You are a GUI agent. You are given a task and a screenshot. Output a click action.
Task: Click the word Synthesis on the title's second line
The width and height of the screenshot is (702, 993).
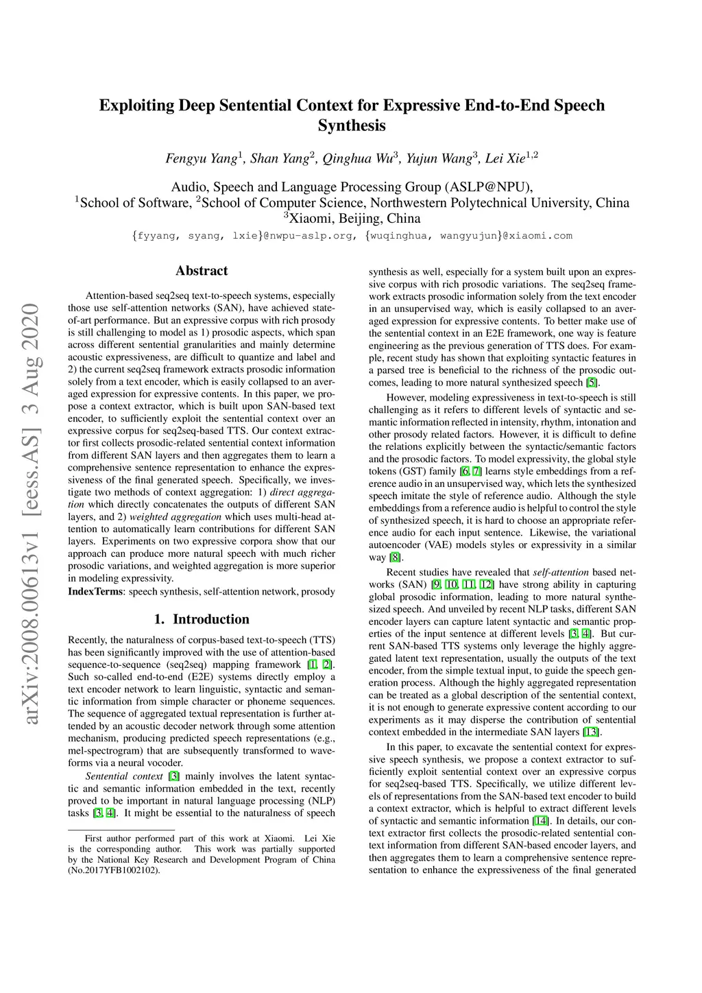[x=352, y=125]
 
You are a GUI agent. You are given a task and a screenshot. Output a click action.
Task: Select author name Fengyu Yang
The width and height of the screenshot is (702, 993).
[x=202, y=158]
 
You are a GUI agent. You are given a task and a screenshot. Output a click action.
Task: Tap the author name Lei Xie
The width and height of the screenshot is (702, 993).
[x=506, y=158]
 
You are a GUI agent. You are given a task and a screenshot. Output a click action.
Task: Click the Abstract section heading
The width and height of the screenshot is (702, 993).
[x=202, y=271]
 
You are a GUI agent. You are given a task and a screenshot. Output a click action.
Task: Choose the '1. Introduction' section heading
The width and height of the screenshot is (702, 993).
[x=202, y=619]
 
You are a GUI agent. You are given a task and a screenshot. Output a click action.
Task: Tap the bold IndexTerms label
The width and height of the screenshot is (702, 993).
[x=96, y=592]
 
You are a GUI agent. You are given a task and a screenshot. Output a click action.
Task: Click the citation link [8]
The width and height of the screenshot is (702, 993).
[x=395, y=558]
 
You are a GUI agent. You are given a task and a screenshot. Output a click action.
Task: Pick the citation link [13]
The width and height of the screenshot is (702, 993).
[x=590, y=732]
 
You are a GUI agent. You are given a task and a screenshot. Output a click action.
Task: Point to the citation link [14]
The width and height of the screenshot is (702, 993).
[x=541, y=821]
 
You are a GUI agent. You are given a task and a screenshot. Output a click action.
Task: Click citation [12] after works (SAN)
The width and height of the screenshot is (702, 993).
[x=487, y=584]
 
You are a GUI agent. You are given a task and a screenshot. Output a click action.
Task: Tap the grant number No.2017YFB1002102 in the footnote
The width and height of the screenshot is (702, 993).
[x=114, y=870]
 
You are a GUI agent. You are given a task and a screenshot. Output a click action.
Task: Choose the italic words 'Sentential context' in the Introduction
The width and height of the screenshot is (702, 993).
[x=124, y=776]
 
